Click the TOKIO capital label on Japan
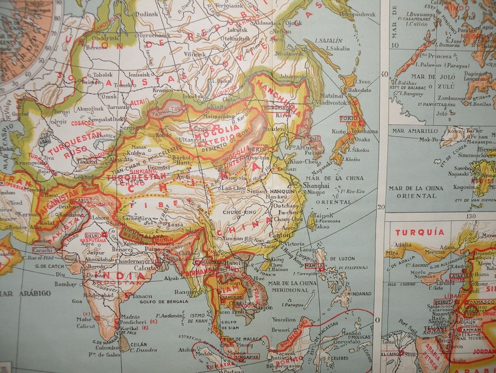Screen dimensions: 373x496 click(348, 118)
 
